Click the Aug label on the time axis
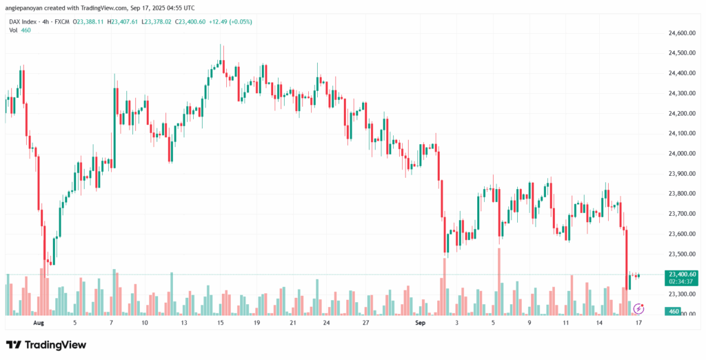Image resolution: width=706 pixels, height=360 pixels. [39, 322]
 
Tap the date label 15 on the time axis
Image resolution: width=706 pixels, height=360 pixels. [220, 322]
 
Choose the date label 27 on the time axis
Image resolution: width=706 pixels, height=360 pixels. [367, 322]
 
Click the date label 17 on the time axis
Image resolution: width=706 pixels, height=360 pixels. [638, 322]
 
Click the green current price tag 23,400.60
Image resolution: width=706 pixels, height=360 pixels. [681, 274]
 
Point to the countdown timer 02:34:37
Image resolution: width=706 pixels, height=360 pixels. [681, 281]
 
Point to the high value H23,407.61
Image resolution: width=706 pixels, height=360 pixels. [122, 21]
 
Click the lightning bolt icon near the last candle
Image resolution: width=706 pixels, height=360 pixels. [638, 308]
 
